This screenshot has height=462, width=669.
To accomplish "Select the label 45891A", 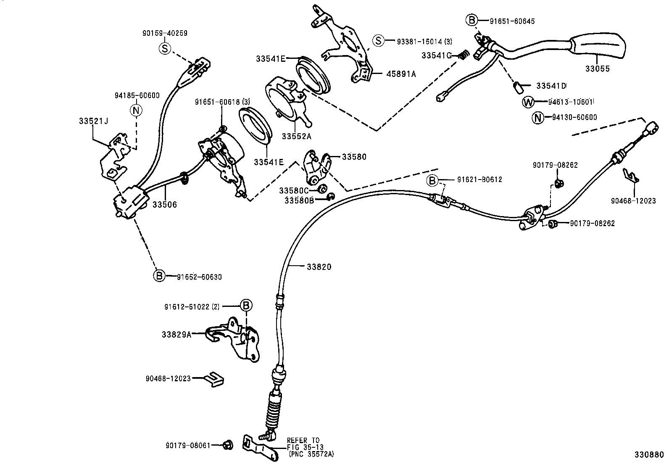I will [401, 74].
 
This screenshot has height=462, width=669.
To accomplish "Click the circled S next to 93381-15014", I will [378, 41].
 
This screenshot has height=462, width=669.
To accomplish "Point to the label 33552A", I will [297, 136].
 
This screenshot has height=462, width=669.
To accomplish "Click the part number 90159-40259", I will [165, 33].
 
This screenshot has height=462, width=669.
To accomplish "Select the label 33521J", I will [93, 121].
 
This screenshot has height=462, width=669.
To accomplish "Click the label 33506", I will [165, 205].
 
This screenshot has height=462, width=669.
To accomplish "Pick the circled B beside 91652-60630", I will [159, 276].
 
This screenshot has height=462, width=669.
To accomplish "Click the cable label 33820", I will [319, 267].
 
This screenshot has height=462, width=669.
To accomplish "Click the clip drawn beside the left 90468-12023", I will [214, 378].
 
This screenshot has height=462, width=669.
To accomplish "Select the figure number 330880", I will [649, 455].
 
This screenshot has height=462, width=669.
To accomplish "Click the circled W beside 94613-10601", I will [528, 102].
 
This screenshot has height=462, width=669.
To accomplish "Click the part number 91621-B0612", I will [479, 180].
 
